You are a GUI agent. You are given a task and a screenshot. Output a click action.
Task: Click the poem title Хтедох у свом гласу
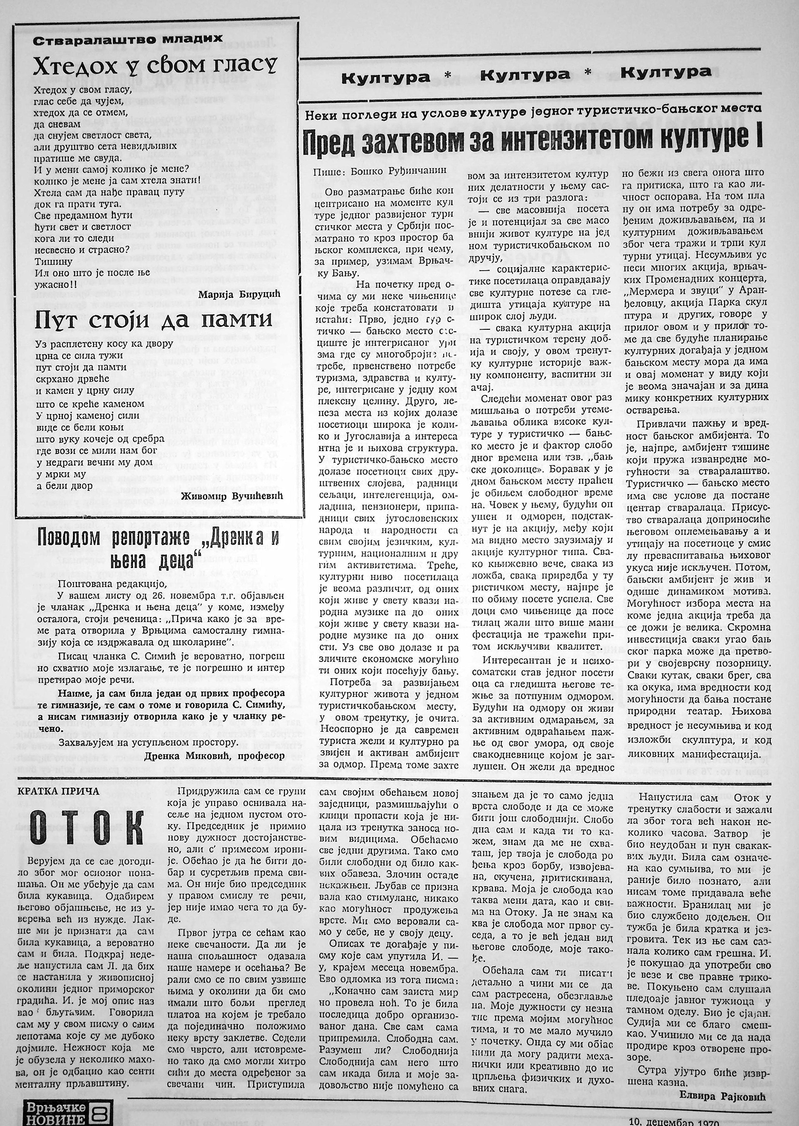coord(154,67)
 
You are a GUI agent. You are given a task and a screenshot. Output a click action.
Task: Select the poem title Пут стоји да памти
coord(154,322)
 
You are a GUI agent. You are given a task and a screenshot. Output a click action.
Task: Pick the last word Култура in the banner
coord(666,72)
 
